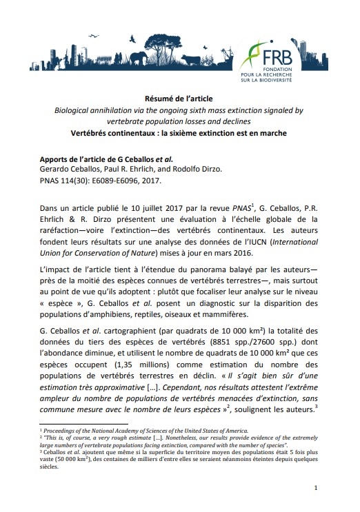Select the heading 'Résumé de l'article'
pos(181,99)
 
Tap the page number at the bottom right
pos(315,489)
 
